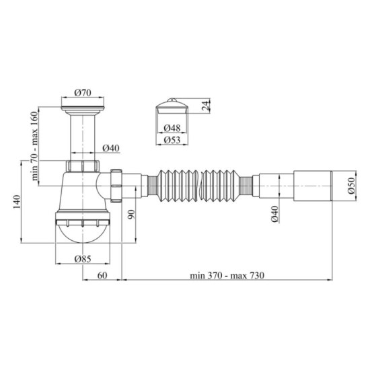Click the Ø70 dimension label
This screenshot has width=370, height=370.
point(83,93)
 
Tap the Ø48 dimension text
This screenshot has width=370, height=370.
point(172,128)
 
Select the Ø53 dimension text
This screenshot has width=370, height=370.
point(172,140)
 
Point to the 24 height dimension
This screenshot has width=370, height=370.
point(206,106)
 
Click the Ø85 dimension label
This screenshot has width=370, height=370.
point(83,259)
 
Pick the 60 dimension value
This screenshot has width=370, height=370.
point(102,275)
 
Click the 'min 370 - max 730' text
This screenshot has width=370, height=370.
point(227,275)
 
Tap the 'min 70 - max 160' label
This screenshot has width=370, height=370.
point(34,146)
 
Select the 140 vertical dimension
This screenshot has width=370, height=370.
point(17,202)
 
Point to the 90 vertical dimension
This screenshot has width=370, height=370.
point(131,214)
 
